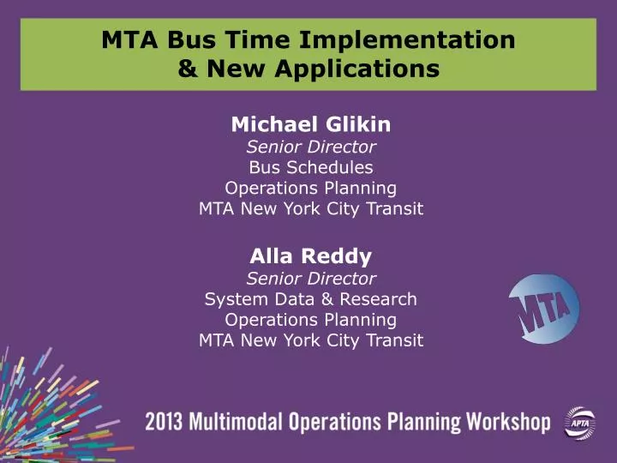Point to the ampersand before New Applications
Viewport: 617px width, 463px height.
pyautogui.click(x=186, y=68)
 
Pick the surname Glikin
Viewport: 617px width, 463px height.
pyautogui.click(x=355, y=124)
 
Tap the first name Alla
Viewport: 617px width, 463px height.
pyautogui.click(x=270, y=256)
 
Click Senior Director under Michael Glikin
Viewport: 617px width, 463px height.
pyautogui.click(x=311, y=147)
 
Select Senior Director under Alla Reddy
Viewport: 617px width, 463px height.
pyautogui.click(x=311, y=278)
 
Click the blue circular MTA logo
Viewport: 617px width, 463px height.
pyautogui.click(x=544, y=310)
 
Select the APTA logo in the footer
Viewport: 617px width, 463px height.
pyautogui.click(x=578, y=423)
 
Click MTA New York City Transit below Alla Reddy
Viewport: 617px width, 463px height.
pyautogui.click(x=311, y=340)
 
